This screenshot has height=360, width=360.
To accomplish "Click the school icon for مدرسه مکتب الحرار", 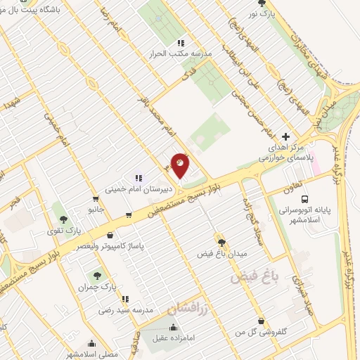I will coord(181,43).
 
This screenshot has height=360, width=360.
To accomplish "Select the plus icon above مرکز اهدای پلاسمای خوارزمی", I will coord(285,135).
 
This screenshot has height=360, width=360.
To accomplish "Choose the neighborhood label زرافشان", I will coord(188,308).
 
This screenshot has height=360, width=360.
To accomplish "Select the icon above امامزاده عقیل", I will coord(173,327).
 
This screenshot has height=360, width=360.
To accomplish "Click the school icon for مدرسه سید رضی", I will coord(124,299).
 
